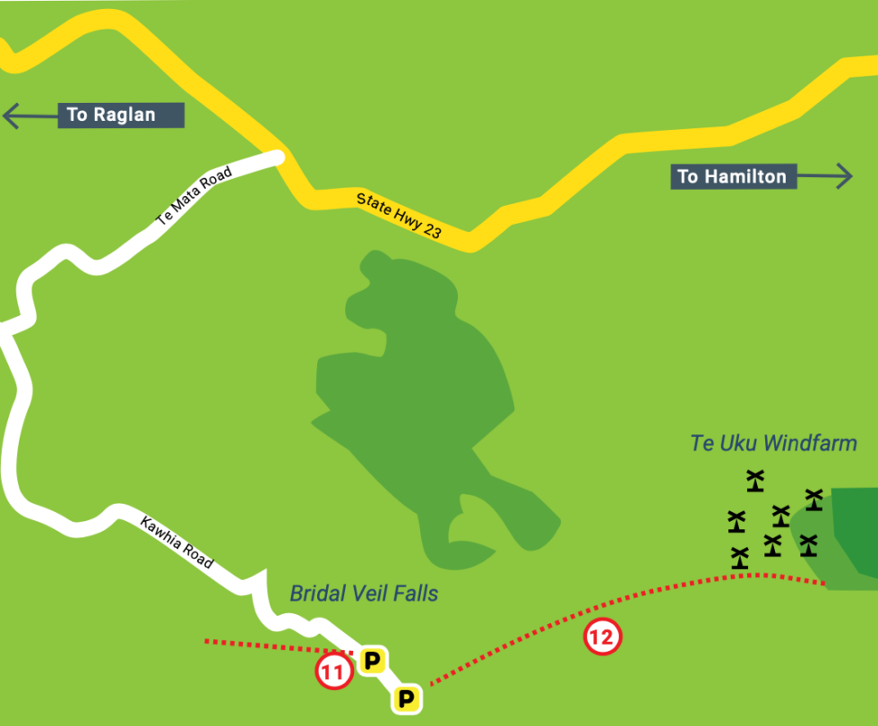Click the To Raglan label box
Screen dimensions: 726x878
(121, 115)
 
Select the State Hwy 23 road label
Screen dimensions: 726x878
(398, 216)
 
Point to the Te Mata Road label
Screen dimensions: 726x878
(194, 201)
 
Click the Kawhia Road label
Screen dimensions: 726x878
(176, 542)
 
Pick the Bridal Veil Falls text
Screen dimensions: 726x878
(364, 594)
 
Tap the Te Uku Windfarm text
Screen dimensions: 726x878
(773, 443)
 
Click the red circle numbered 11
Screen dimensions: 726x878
(333, 673)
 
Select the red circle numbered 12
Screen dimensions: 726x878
(602, 637)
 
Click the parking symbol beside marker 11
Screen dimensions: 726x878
(372, 662)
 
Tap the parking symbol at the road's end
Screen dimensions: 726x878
(407, 698)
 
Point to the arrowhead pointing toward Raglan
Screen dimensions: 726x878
(12, 115)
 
